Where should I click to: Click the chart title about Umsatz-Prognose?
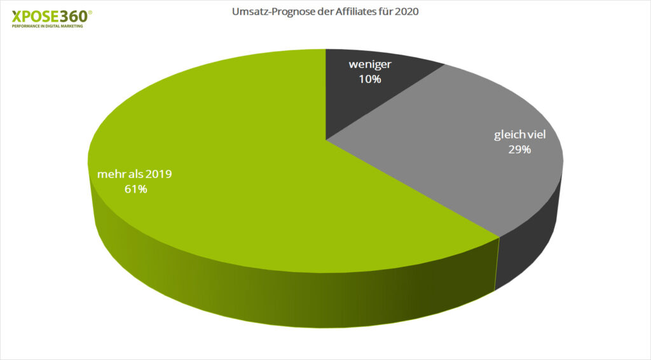pos(324,11)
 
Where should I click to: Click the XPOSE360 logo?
pos(51,17)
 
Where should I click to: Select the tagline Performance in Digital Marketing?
pos(47,27)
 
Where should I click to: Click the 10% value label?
pos(369,79)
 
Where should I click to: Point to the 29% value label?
pos(519,150)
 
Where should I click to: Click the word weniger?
pos(369,65)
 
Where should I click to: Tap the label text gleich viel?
pos(520,135)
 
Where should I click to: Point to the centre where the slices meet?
pos(325,139)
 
